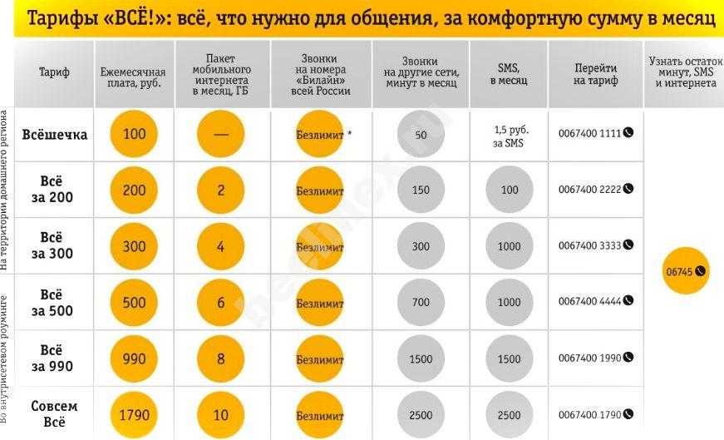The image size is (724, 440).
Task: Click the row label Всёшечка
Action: (54, 134)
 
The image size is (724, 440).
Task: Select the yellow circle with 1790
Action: (134, 415)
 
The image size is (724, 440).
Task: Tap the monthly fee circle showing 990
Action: (134, 358)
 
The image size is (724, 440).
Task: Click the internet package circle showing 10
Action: (221, 415)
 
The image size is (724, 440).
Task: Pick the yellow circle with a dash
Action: (221, 134)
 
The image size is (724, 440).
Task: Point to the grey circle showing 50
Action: (421, 135)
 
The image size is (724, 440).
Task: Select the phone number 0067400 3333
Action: (589, 246)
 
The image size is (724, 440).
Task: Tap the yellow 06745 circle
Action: (687, 271)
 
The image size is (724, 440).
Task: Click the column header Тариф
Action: (54, 72)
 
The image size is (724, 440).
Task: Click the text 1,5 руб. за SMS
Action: (510, 136)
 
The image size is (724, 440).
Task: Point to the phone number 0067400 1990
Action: (589, 358)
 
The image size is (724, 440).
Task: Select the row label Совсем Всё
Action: (54, 414)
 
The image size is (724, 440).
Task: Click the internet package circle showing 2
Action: (221, 190)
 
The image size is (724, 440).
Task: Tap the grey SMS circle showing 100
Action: (510, 190)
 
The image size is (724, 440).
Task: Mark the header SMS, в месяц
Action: (510, 72)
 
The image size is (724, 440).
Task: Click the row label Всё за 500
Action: (54, 303)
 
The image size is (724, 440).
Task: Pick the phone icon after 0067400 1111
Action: (628, 133)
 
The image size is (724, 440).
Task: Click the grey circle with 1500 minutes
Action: (421, 358)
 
